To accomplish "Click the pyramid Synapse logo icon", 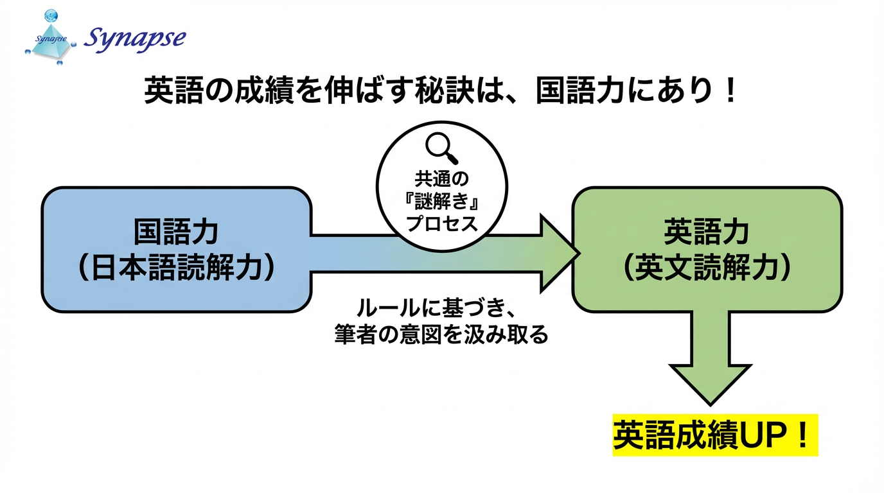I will pyautogui.click(x=49, y=39).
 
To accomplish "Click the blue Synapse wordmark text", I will pyautogui.click(x=135, y=39).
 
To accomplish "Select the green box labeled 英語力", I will pyautogui.click(x=707, y=249).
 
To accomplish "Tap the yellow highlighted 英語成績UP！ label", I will pyautogui.click(x=714, y=435).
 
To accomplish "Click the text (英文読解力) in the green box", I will pyautogui.click(x=707, y=268).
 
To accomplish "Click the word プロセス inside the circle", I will pyautogui.click(x=442, y=224).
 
